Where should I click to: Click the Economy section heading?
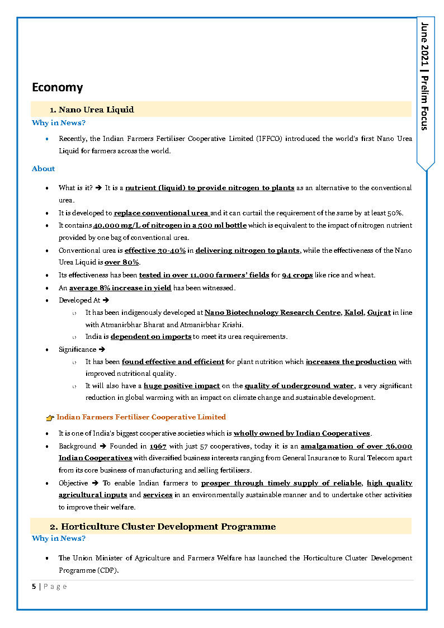pyautogui.click(x=57, y=87)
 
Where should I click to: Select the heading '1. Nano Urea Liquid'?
pyautogui.click(x=92, y=110)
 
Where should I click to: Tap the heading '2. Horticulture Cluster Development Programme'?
pyautogui.click(x=163, y=527)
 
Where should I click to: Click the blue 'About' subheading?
pyautogui.click(x=43, y=168)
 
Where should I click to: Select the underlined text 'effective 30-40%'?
pyautogui.click(x=155, y=251)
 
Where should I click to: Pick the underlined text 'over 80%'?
pyautogui.click(x=122, y=263)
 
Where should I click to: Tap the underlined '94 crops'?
pyautogui.click(x=297, y=275)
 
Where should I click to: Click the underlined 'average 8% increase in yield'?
pyautogui.click(x=120, y=288)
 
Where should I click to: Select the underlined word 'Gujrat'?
pyautogui.click(x=379, y=313)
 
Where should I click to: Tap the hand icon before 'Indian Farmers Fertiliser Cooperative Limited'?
pyautogui.click(x=50, y=418)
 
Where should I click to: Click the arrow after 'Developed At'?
pyautogui.click(x=106, y=300)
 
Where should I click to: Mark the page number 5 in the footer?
pyautogui.click(x=34, y=587)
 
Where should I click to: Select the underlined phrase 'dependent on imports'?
pyautogui.click(x=151, y=337)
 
